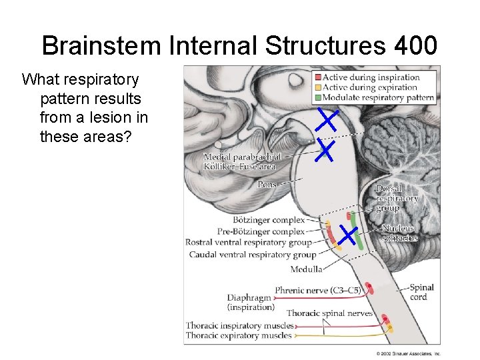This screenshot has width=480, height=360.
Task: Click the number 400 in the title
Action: tap(416, 46)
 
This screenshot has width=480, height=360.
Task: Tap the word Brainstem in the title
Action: tap(101, 46)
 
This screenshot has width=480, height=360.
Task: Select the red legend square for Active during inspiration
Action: tap(317, 77)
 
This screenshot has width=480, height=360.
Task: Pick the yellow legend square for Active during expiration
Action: tap(317, 87)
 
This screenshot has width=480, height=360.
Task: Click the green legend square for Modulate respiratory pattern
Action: tap(317, 97)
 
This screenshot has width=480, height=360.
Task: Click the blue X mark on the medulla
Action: tap(348, 234)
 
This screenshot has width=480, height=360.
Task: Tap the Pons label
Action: tap(267, 185)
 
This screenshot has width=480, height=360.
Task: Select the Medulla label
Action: tap(306, 269)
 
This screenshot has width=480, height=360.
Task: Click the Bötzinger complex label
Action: tap(269, 219)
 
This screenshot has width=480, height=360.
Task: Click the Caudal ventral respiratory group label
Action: tap(252, 254)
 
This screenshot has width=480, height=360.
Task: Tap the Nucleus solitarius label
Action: tap(399, 233)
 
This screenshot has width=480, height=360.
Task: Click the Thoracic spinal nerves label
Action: tap(329, 313)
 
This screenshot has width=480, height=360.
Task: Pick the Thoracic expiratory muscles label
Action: tap(239, 335)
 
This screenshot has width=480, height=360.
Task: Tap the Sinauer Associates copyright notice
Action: tap(408, 353)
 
